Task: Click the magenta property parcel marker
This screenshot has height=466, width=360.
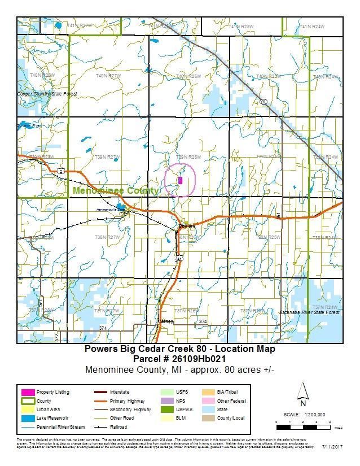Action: tap(180, 180)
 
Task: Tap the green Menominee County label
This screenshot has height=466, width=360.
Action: tap(116, 191)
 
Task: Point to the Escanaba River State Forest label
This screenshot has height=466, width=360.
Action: tap(309, 312)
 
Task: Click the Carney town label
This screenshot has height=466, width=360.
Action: tap(165, 321)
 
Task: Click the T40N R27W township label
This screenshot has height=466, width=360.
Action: tap(108, 76)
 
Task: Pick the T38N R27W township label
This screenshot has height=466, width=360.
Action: tap(108, 238)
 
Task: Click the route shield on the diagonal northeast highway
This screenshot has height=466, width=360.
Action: tap(263, 102)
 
